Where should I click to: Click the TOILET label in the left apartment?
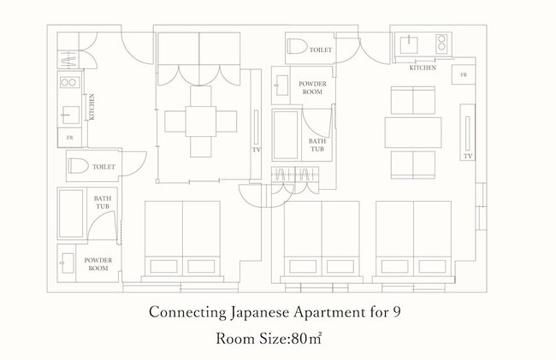click(104, 167)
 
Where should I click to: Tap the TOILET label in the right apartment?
click(321, 50)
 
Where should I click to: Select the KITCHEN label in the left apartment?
click(92, 107)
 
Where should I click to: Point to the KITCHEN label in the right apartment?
click(423, 68)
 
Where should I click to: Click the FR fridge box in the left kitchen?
click(70, 138)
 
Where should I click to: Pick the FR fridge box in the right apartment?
click(464, 74)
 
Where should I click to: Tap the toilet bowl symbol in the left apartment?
click(79, 166)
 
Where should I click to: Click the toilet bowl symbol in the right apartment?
click(297, 46)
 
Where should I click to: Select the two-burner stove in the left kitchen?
click(70, 83)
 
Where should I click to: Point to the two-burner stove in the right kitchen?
click(441, 44)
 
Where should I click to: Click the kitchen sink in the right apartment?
click(409, 44)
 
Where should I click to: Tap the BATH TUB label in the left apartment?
click(103, 203)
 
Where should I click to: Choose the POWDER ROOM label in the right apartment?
click(312, 88)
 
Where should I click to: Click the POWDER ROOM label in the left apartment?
click(98, 264)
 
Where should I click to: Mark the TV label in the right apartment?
click(468, 156)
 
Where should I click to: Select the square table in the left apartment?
click(201, 121)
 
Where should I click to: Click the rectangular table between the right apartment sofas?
click(413, 133)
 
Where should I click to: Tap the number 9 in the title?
click(397, 312)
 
